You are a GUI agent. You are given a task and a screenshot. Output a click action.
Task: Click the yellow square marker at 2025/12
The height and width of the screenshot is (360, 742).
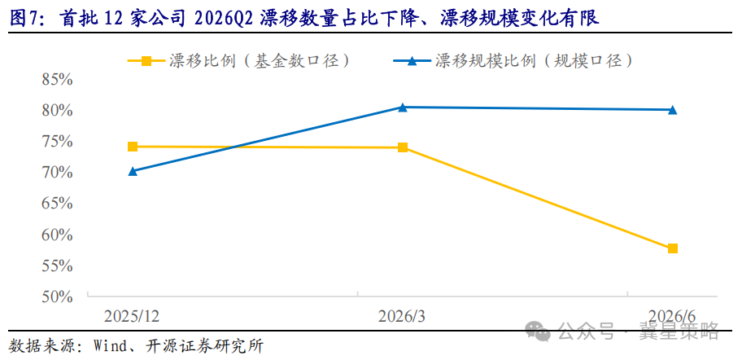tap(133, 147)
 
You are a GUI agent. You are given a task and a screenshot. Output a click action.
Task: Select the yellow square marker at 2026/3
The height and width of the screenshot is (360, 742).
tap(403, 147)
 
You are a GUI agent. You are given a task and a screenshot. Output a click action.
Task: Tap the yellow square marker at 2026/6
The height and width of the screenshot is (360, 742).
tap(672, 248)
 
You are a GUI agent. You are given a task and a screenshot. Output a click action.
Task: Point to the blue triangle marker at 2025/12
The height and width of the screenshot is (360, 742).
tap(133, 171)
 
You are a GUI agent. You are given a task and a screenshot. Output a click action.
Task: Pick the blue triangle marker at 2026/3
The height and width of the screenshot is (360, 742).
tap(403, 107)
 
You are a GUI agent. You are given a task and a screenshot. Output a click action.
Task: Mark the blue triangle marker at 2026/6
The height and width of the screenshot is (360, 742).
tap(672, 110)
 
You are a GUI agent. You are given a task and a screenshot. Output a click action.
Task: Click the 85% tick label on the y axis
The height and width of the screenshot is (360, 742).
tap(57, 80)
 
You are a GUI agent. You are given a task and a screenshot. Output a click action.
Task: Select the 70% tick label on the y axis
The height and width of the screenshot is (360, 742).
tap(57, 173)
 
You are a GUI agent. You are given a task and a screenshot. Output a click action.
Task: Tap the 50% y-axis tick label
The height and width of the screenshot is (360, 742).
tap(57, 297)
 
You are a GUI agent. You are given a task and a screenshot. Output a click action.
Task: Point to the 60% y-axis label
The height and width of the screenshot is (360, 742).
tap(57, 235)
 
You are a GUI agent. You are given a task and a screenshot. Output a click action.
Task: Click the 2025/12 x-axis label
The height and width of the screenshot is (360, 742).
tap(133, 316)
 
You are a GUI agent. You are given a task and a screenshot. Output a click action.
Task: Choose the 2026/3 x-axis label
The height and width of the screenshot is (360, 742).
tap(402, 316)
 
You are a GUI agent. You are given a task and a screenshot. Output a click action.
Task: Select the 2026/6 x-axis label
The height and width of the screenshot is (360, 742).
tap(672, 316)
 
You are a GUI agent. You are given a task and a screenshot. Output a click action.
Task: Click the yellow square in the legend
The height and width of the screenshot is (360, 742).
tap(146, 60)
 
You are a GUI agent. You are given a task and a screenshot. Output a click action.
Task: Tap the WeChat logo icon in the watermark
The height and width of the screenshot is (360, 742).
tap(538, 331)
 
